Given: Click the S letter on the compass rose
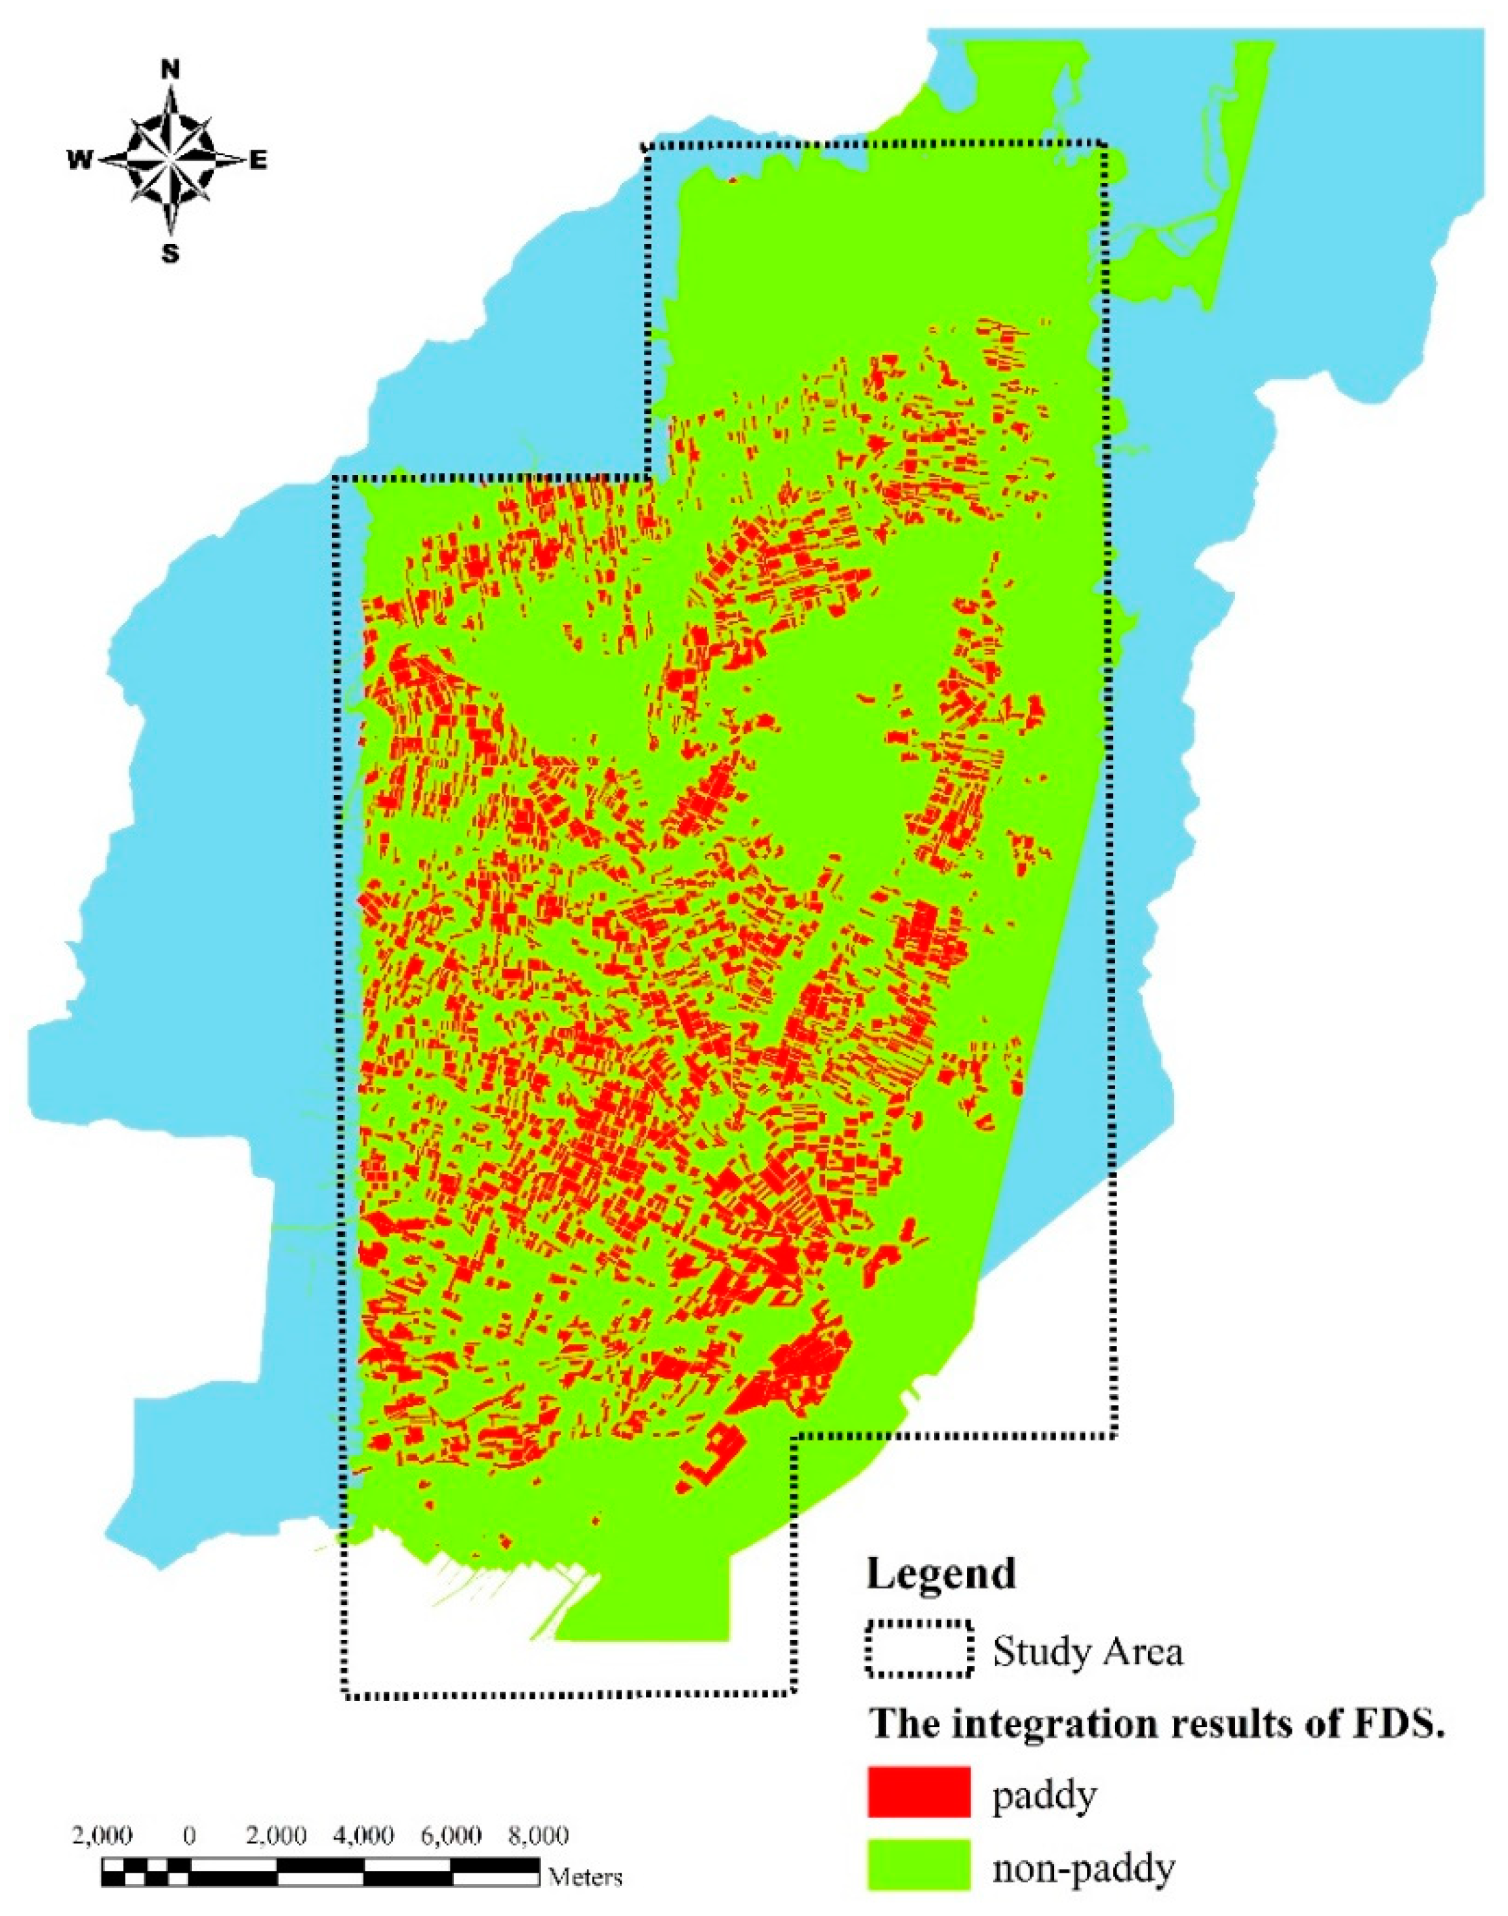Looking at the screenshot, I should [170, 254].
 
